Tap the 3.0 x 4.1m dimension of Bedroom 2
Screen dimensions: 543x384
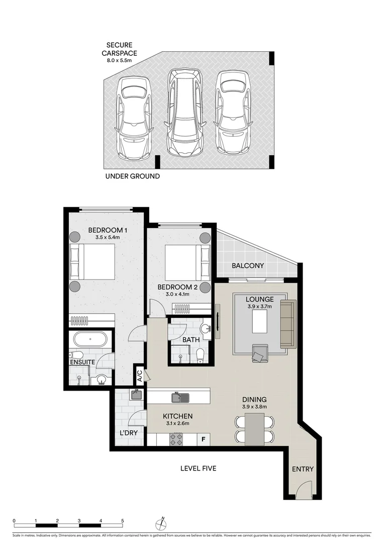point(173,295)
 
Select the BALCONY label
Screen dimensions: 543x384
point(247,265)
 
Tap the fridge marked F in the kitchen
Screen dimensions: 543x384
point(203,439)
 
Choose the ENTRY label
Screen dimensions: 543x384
point(303,469)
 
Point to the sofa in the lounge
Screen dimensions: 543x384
point(288,324)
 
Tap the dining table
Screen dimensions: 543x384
point(254,429)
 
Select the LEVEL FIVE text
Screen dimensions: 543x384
point(198,468)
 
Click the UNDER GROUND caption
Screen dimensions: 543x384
point(132,176)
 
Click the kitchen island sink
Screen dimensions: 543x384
point(179,397)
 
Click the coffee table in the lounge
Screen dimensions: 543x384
point(260,321)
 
